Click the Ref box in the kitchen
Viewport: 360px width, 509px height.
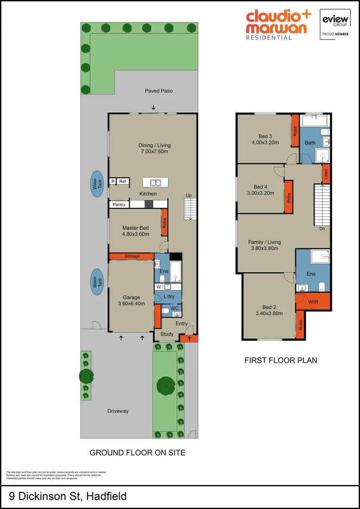123,181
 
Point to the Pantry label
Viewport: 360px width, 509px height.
119,205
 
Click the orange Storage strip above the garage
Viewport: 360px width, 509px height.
132,256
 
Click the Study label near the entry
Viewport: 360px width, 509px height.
167,335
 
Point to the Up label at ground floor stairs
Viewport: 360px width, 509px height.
188,195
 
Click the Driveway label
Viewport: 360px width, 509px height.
117,411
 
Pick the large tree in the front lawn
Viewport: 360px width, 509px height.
166,386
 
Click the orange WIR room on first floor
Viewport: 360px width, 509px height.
313,301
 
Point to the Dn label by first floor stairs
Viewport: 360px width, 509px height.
322,229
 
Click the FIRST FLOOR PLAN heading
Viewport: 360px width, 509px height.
280,360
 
